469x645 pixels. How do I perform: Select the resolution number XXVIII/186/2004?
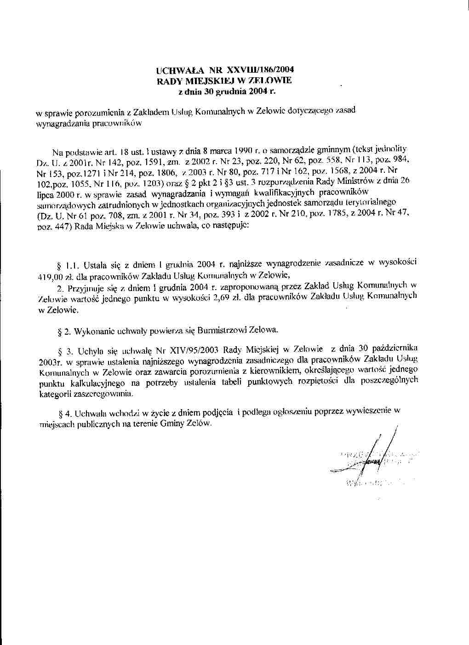pyautogui.click(x=259, y=70)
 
